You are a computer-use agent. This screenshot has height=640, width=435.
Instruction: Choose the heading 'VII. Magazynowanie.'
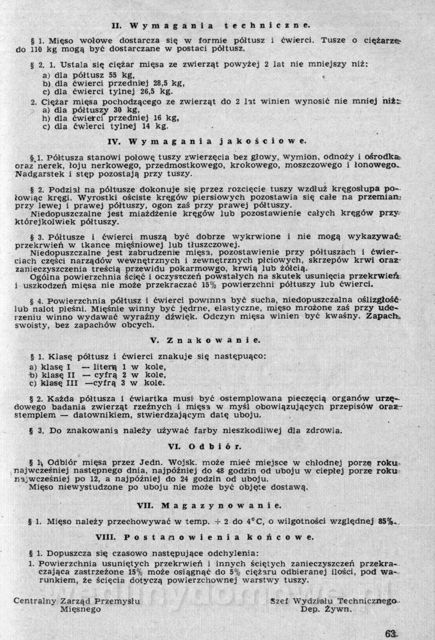pos(209,505)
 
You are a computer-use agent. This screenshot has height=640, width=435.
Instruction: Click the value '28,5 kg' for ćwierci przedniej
pos(167,83)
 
